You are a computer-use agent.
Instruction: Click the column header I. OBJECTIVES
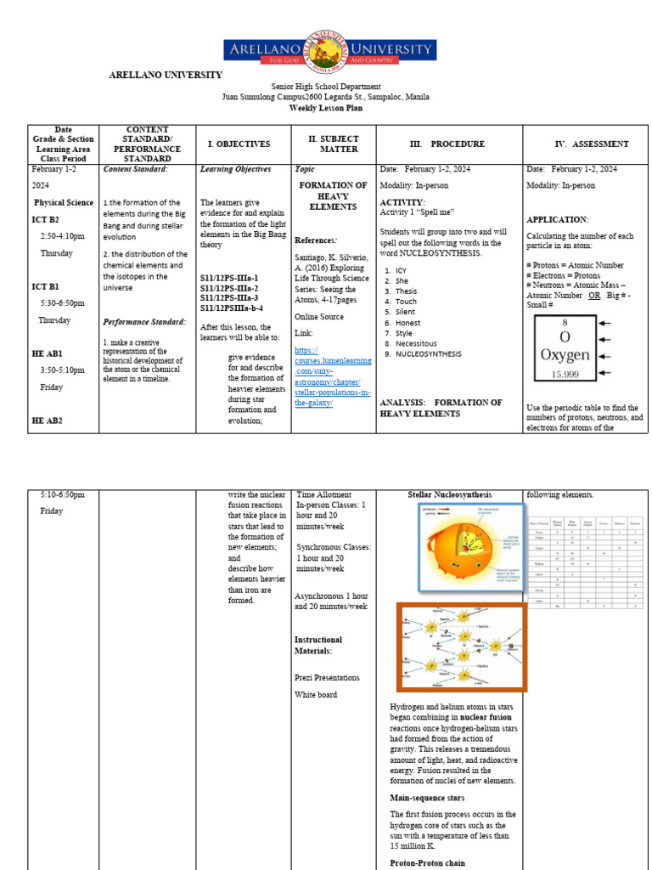coord(239,144)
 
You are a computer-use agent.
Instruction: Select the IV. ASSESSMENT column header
coord(591,144)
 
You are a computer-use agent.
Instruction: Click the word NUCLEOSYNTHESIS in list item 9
coord(429,354)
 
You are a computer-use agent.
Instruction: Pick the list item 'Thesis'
coord(406,291)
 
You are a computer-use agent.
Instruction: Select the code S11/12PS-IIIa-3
coord(229,298)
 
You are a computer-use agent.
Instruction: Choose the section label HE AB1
coord(47,353)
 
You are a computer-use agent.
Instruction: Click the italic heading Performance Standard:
coord(144,322)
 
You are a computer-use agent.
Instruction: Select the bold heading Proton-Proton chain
coord(429,863)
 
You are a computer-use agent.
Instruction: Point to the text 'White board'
coord(316,695)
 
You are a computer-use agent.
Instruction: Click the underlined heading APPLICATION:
coord(557,220)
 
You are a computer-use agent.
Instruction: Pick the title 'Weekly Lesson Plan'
coord(325,109)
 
